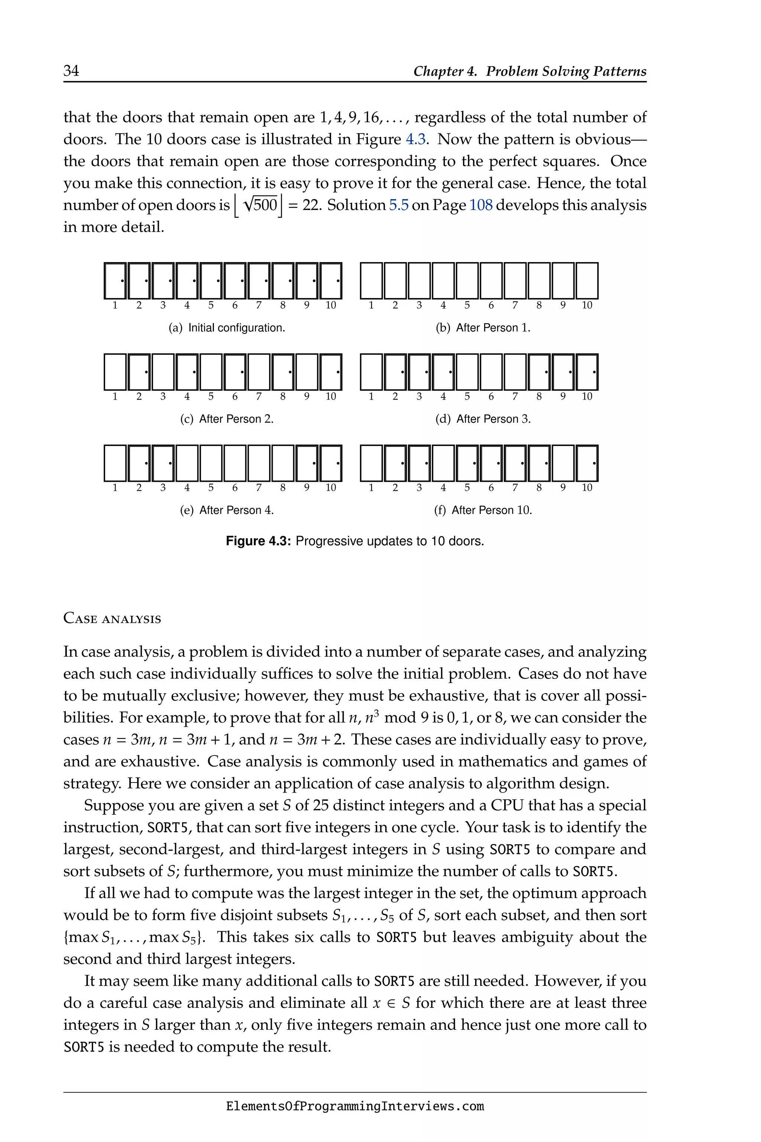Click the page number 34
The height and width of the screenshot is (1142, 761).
71,71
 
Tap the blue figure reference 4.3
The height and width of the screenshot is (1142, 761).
415,139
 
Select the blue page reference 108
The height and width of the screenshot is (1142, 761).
480,205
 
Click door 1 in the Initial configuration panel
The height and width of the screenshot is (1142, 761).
115,281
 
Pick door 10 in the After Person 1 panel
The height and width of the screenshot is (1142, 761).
587,281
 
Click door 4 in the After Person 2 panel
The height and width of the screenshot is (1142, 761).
187,372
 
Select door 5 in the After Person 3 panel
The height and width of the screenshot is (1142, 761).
467,372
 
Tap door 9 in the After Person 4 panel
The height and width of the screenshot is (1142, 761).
307,463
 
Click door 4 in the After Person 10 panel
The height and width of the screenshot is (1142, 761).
443,463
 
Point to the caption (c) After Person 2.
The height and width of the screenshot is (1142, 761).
227,419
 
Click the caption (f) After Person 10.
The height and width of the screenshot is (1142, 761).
483,510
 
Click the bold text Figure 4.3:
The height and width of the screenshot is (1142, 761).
258,541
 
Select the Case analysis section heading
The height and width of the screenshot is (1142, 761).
112,619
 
